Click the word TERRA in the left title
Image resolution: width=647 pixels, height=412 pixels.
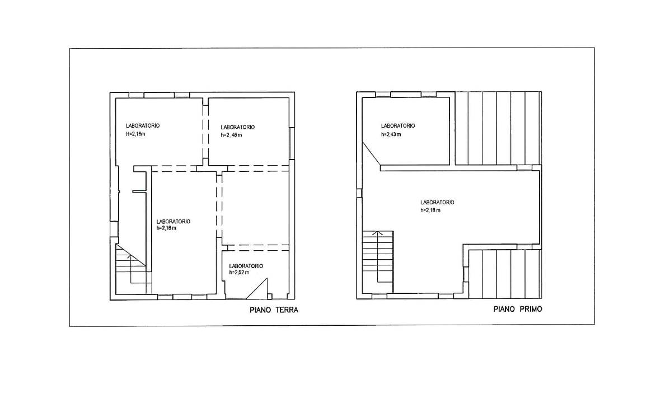285,310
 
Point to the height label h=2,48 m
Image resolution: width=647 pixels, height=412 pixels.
231,135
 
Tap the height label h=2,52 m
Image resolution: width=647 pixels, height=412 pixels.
239,273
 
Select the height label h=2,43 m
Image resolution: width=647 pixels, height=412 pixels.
391,134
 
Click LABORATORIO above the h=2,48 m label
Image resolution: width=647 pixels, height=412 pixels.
238,127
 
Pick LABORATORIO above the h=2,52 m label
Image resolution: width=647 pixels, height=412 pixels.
246,266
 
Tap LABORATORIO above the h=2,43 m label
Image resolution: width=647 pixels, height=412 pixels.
398,125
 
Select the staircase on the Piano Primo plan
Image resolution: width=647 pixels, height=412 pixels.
378,256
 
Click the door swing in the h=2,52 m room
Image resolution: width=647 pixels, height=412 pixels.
257,288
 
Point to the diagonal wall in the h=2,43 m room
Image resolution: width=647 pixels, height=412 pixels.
372,155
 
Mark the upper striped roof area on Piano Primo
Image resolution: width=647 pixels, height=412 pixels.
498,128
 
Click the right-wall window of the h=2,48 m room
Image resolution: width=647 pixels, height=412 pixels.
291,143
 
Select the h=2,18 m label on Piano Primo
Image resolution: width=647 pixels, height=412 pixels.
430,210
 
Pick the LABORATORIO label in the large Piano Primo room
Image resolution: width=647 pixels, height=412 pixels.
437,202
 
